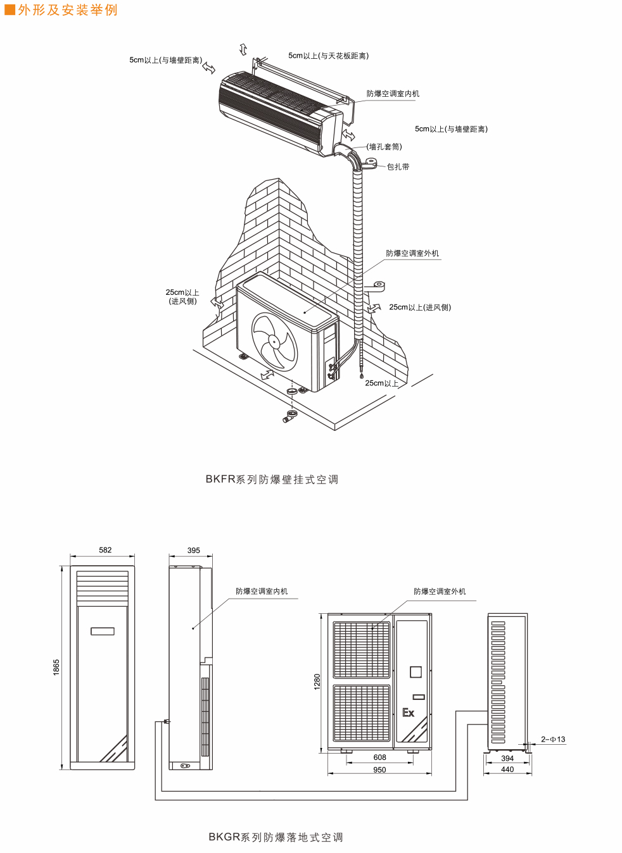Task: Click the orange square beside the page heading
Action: point(10,9)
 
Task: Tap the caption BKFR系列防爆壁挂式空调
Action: point(272,480)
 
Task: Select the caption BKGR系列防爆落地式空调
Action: point(276,837)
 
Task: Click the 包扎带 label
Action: point(398,167)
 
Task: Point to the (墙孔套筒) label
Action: point(384,147)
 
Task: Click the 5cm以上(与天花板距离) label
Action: point(328,56)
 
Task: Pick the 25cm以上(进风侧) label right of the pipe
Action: point(420,308)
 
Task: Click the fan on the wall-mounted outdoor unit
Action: point(274,341)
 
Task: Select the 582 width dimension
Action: point(105,550)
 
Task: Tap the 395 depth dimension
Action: point(194,551)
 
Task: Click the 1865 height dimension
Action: point(56,667)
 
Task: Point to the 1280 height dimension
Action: point(317,682)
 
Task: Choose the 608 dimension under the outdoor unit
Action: point(379,757)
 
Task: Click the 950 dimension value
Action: point(379,770)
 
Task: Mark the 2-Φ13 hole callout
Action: point(553,739)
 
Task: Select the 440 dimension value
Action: point(507,769)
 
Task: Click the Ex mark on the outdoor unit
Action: point(409,713)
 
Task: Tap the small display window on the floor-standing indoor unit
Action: point(103,631)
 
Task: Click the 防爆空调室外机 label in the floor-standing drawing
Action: point(440,592)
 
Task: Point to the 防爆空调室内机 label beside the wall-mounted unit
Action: point(393,94)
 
